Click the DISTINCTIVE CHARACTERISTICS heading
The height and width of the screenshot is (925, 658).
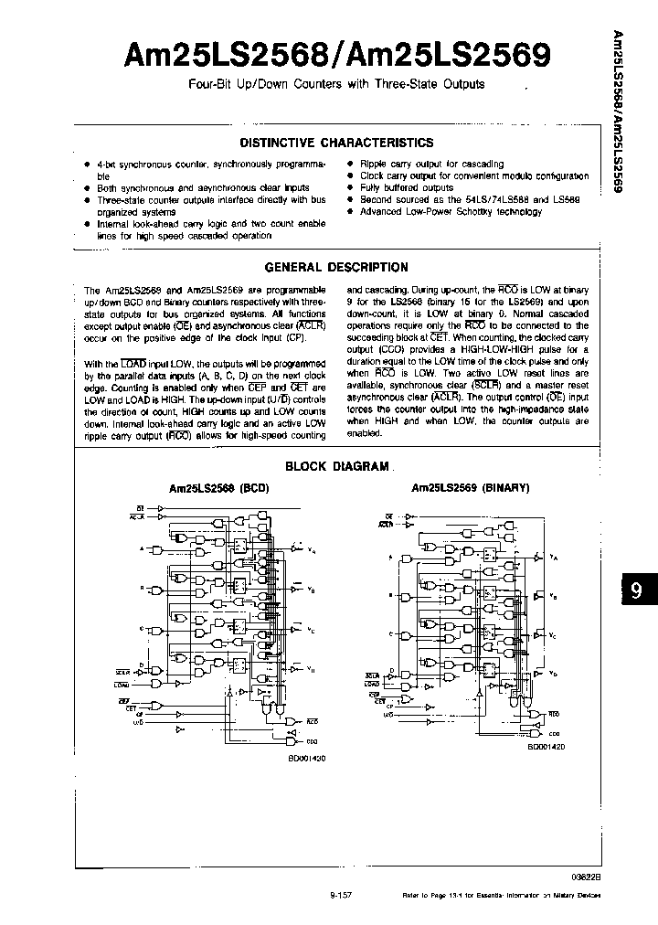tap(335, 143)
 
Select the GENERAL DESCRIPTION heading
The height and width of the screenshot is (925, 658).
tap(335, 267)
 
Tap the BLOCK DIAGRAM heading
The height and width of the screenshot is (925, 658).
tap(337, 466)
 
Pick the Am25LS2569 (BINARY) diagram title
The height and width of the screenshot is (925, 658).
tap(471, 488)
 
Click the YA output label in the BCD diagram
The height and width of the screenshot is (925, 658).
tap(313, 550)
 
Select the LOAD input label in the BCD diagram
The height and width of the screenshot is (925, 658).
tap(122, 683)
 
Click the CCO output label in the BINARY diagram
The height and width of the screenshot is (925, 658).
tap(554, 732)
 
